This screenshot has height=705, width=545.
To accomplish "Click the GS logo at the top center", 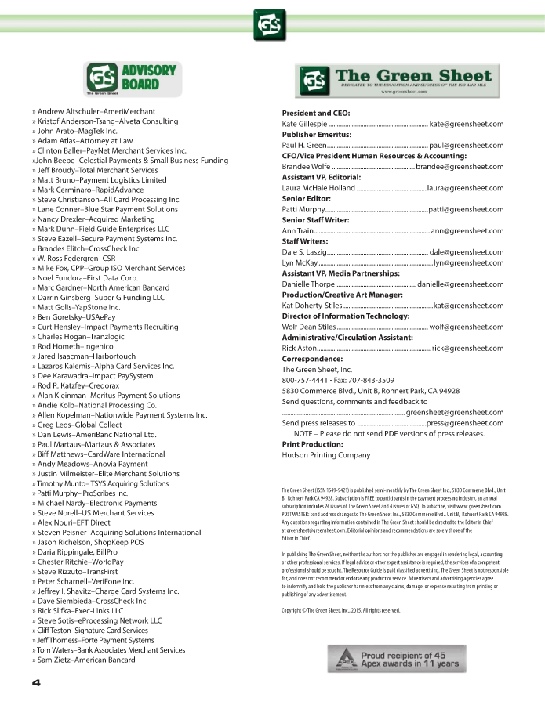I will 271,25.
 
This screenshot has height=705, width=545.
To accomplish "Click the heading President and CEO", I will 315,113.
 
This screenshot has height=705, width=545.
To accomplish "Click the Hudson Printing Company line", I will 325,454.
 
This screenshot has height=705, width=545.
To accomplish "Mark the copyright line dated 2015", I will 341,610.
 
